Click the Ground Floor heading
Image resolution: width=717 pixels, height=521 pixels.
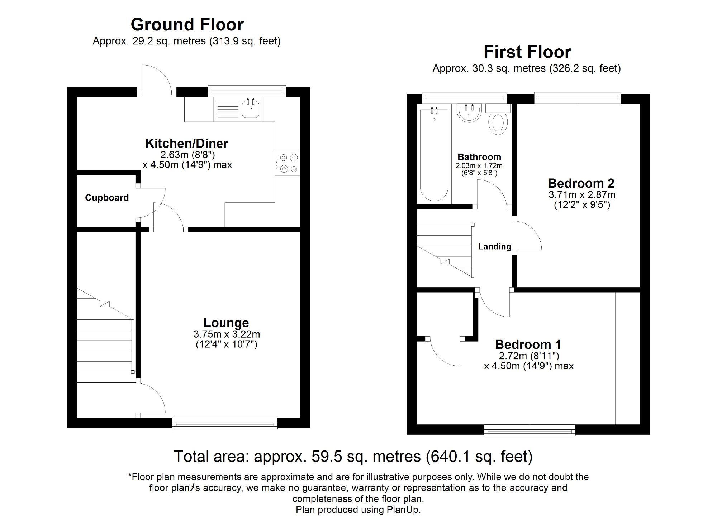[187, 25]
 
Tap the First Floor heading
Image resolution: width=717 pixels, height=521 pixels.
[527, 52]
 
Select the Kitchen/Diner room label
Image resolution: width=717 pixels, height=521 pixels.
[186, 143]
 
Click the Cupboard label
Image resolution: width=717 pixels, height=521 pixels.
[107, 198]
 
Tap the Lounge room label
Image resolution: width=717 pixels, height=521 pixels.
[226, 323]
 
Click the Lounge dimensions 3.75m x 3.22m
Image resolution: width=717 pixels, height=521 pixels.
[227, 334]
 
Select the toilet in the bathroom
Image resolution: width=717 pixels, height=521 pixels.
[498, 122]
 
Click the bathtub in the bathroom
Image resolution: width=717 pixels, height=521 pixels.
[434, 154]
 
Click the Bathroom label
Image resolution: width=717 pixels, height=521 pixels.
[479, 157]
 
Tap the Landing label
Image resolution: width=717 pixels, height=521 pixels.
[494, 246]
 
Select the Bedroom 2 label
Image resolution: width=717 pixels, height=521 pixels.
[581, 183]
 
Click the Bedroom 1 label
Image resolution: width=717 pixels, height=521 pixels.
[528, 344]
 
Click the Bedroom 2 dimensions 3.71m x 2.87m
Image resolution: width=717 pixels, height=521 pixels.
[581, 195]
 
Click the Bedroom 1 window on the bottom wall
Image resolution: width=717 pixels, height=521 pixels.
[530, 430]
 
